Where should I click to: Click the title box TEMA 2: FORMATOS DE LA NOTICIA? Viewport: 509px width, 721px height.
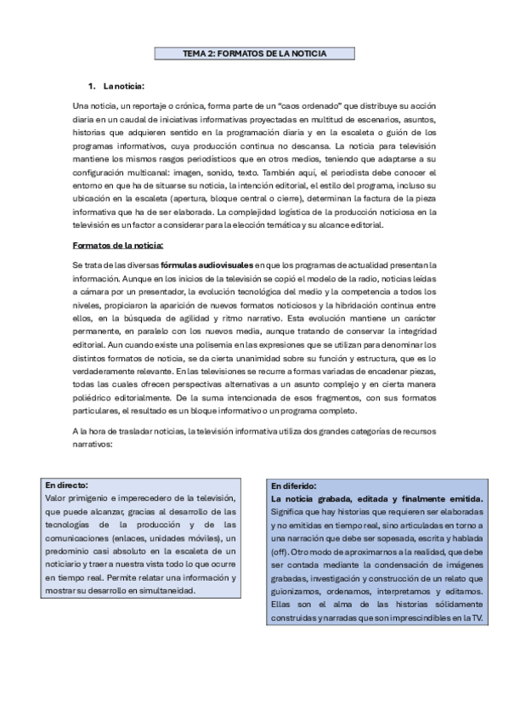tap(255, 53)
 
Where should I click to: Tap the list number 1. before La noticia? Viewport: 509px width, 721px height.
tap(93, 87)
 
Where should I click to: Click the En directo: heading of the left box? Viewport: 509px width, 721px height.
tap(67, 484)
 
